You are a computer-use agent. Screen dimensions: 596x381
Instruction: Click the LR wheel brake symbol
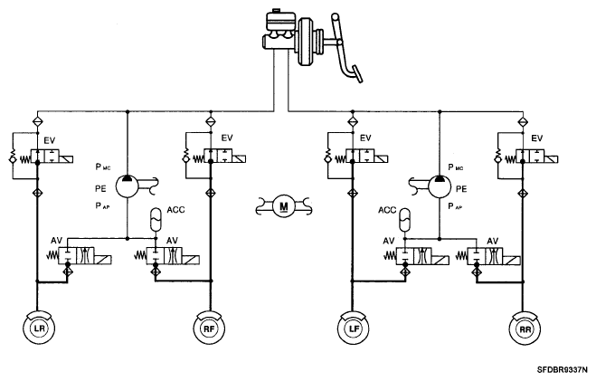coord(38,328)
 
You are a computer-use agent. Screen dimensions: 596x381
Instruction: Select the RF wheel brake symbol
coord(210,329)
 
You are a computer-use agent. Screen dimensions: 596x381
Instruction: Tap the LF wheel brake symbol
coord(354,329)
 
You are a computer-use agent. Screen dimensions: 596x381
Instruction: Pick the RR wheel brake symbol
coord(525,329)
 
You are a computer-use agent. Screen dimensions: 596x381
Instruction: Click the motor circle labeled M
coord(284,206)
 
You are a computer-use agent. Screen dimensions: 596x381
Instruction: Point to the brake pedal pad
coord(357,74)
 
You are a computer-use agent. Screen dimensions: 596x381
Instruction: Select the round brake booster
coord(308,41)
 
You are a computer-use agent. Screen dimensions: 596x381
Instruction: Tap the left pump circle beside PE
coord(127,186)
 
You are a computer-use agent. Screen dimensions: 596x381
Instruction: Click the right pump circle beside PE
coord(440,186)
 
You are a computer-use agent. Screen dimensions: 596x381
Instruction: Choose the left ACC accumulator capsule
coord(156,219)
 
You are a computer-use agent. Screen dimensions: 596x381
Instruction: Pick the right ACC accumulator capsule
coord(405,219)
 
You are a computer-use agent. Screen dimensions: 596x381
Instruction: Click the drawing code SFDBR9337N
coord(562,369)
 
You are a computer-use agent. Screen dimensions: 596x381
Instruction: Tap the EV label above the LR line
coord(50,140)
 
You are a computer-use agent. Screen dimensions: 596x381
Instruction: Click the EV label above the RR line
coord(536,138)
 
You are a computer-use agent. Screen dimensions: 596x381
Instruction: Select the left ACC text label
coord(175,210)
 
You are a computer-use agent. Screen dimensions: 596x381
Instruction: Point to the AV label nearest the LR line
coord(57,241)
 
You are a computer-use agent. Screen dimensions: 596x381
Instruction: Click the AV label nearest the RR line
coord(493,241)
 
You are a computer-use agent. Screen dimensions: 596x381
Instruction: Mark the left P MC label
coord(102,167)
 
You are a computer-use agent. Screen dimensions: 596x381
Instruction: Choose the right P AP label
coord(455,206)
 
